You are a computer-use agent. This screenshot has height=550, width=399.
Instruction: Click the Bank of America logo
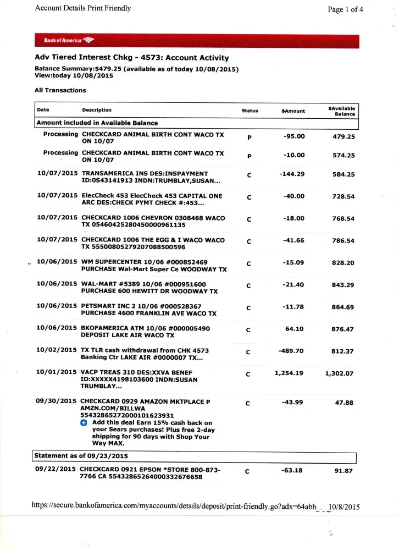pyautogui.click(x=69, y=41)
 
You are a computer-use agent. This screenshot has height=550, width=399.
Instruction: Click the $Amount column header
pyautogui.click(x=293, y=111)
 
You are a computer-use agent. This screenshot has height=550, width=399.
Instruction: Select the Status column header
pyautogui.click(x=250, y=111)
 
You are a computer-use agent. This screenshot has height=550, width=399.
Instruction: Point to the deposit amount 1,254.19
pyautogui.click(x=289, y=373)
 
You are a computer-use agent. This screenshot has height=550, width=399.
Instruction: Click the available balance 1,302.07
pyautogui.click(x=339, y=373)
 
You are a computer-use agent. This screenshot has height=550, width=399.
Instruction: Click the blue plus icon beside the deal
pyautogui.click(x=84, y=423)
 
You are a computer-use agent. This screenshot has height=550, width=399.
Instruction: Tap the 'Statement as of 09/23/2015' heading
pyautogui.click(x=81, y=456)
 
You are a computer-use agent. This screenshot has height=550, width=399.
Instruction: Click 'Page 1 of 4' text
pyautogui.click(x=345, y=9)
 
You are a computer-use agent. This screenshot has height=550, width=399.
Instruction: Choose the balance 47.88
pyautogui.click(x=344, y=403)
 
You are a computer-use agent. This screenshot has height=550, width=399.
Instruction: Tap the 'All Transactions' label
pyautogui.click(x=60, y=90)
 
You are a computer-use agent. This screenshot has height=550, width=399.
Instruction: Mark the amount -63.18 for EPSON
pyautogui.click(x=293, y=470)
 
